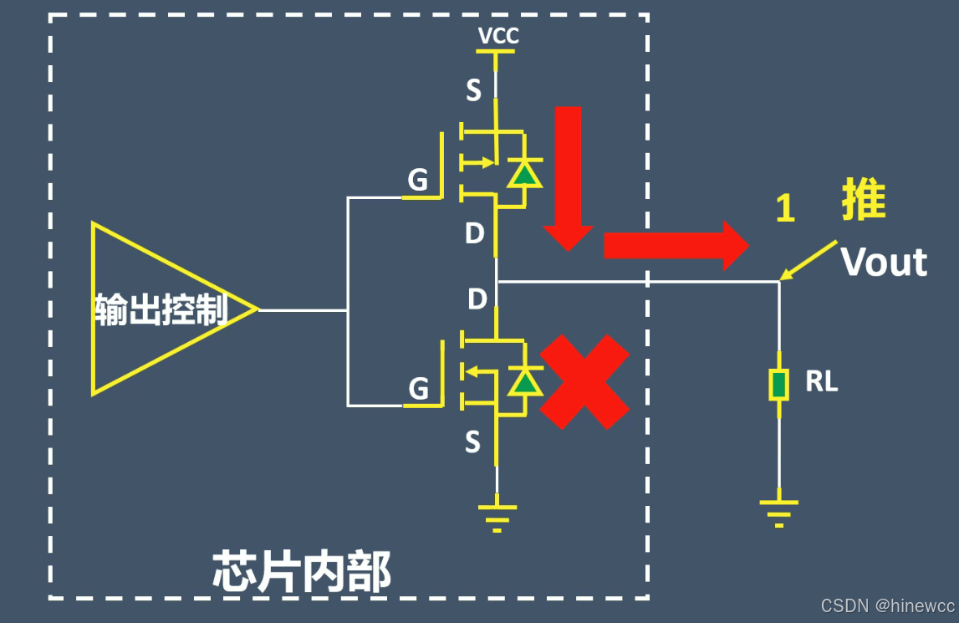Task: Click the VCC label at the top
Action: click(x=498, y=36)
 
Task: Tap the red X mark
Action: click(x=584, y=382)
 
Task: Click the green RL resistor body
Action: click(x=779, y=385)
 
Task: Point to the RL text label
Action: click(x=821, y=382)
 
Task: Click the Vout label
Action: click(x=883, y=263)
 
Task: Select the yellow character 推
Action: click(x=864, y=202)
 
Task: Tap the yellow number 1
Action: click(x=784, y=208)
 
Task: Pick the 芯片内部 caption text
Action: click(x=302, y=572)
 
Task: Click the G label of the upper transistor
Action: click(x=417, y=180)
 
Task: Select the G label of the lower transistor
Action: click(x=418, y=389)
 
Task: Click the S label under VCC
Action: click(x=473, y=90)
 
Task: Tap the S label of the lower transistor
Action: click(x=472, y=442)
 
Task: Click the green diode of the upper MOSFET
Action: click(x=523, y=174)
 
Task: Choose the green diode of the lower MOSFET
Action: click(x=524, y=382)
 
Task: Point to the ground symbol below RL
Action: click(x=778, y=509)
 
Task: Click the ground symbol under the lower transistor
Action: click(x=497, y=514)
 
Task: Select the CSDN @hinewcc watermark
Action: click(x=887, y=605)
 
